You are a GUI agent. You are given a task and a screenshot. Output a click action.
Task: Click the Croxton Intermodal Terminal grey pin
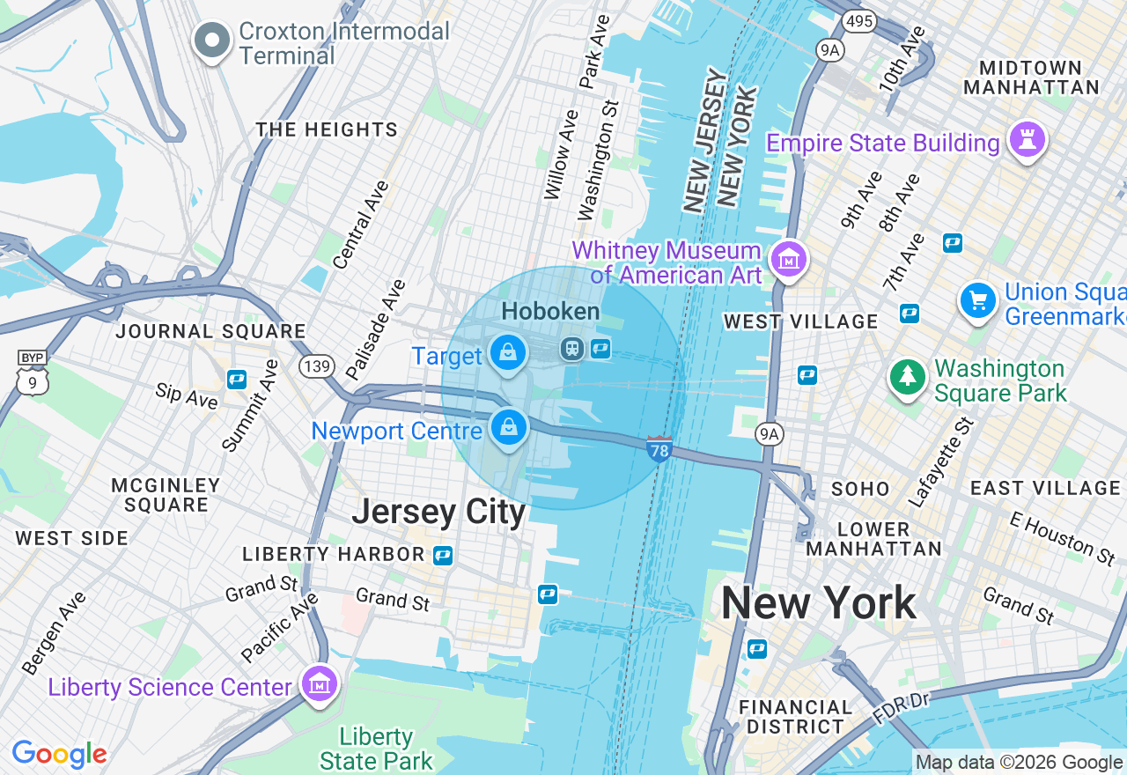coord(212,41)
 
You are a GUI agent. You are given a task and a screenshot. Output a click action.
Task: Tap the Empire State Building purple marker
coord(1027,140)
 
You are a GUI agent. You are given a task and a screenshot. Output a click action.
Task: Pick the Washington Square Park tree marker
coord(908,377)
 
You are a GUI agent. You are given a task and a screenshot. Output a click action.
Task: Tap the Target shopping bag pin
coord(508,352)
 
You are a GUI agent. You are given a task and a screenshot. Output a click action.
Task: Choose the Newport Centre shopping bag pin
coord(508,428)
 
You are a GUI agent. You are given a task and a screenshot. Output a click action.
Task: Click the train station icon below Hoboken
coord(573,349)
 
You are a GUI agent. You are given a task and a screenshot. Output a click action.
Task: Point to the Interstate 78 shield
coord(659,449)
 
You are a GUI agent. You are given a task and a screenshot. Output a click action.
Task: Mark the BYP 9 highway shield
coord(32,374)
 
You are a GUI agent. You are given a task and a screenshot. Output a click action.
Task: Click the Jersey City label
coord(438,512)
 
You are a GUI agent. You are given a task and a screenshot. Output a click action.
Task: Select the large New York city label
coord(818,603)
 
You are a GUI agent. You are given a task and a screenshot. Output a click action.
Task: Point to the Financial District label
coord(796,717)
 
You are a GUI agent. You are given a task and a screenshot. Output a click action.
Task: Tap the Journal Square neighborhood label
coord(211,332)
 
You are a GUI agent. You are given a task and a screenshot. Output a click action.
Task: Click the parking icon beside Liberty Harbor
coord(443,555)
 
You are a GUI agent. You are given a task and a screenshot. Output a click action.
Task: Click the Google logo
coord(60,755)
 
